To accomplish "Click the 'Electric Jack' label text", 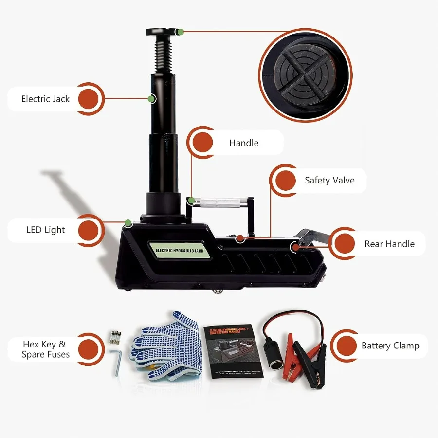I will point(45,99).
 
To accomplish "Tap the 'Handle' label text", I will point(244,143).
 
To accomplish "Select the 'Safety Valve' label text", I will point(329,180).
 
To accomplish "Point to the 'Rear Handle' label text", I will point(389,244).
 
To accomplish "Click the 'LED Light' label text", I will point(45,230).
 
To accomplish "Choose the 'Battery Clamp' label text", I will point(390,346).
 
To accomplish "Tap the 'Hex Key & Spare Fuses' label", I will point(45,349).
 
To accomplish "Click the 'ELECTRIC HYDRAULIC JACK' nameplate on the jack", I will point(181,250).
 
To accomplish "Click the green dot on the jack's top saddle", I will point(180,32).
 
